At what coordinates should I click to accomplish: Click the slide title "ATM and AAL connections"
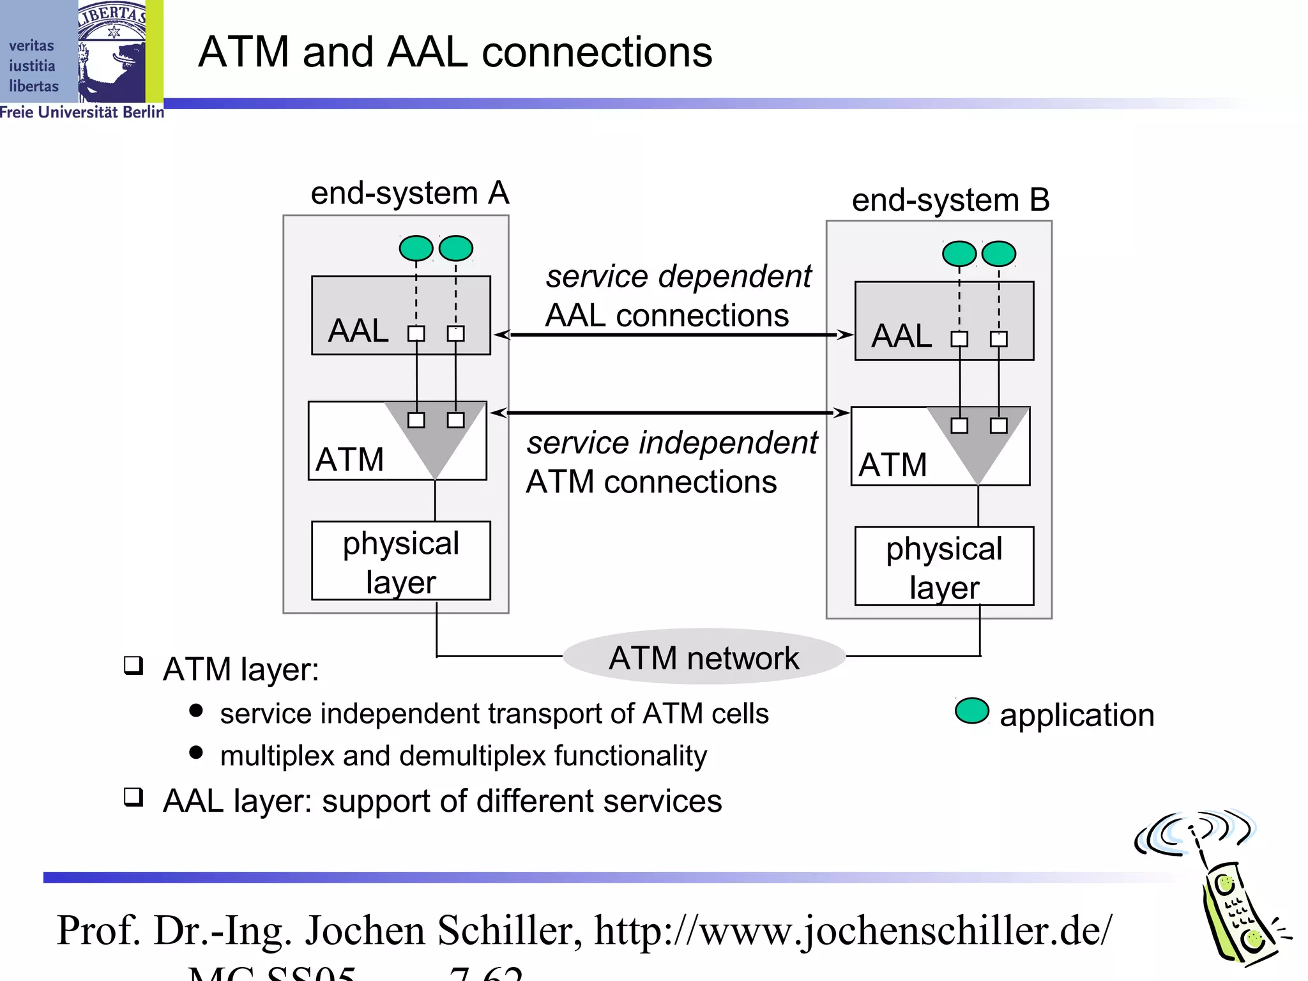tap(455, 52)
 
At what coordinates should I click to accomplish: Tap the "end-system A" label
tap(409, 193)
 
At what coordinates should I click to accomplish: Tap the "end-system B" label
tap(950, 200)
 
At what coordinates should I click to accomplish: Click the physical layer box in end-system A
tap(400, 561)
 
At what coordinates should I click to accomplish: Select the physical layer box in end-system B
tap(944, 567)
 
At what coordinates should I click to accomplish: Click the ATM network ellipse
tap(704, 657)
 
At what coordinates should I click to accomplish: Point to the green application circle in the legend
tap(971, 711)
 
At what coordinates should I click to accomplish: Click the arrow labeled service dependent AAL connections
tap(673, 335)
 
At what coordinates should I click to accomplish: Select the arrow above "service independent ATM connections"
tap(669, 413)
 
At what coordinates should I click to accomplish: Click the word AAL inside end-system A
tap(358, 331)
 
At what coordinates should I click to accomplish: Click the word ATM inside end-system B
tap(892, 464)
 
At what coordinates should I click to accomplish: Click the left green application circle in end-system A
tap(416, 248)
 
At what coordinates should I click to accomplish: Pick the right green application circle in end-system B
tap(999, 254)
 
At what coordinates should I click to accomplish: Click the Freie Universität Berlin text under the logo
tap(82, 112)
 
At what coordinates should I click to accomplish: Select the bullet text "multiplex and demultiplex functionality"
tap(463, 756)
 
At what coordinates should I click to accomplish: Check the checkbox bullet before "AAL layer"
tap(133, 797)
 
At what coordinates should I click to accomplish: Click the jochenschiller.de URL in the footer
tap(853, 931)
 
